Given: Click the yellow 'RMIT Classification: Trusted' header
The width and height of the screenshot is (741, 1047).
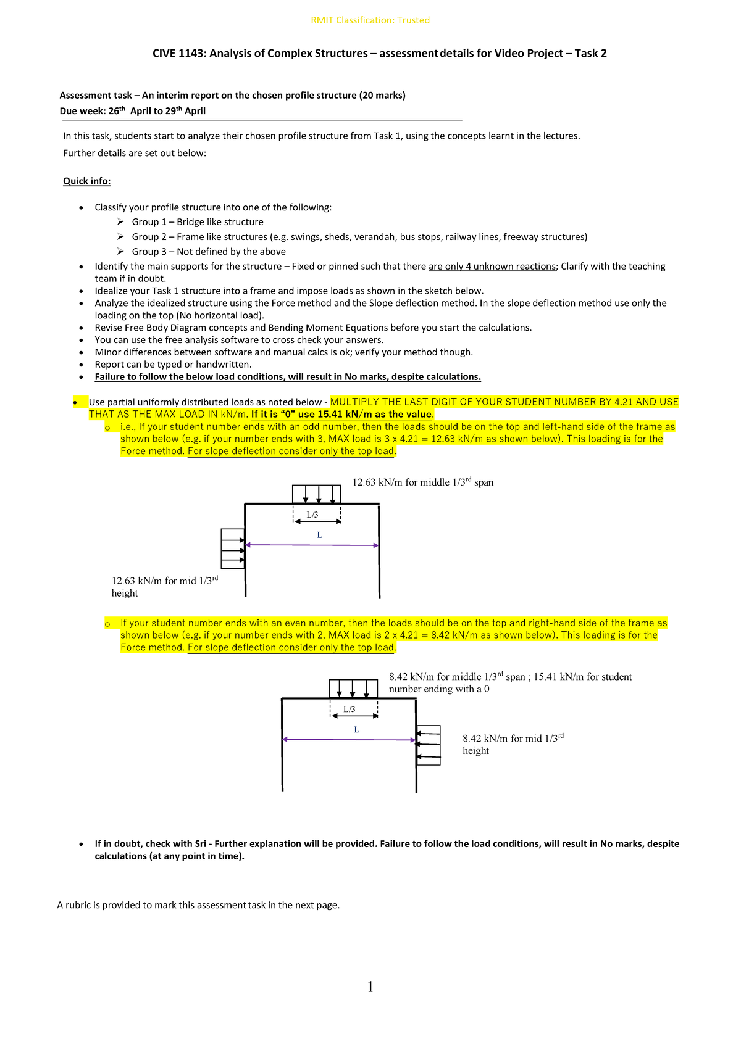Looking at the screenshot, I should [370, 20].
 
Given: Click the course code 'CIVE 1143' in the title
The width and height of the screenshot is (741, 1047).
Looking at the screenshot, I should [178, 54].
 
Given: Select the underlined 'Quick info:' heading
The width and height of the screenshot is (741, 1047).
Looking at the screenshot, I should [87, 181].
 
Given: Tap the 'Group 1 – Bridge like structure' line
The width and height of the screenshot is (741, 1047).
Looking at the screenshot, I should [198, 222].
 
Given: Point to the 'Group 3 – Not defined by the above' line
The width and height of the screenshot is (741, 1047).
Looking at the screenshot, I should [209, 252].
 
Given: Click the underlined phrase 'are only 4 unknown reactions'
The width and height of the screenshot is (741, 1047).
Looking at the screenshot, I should [492, 267].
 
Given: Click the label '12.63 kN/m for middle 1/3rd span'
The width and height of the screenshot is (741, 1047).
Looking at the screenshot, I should [422, 482].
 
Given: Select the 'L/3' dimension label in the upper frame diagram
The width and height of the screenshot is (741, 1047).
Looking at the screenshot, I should [312, 515].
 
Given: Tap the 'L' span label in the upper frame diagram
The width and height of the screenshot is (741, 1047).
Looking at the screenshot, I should [319, 535].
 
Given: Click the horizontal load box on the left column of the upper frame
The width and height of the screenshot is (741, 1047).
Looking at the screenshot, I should [233, 548].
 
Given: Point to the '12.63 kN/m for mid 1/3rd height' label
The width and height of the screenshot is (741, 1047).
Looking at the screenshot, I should [164, 587].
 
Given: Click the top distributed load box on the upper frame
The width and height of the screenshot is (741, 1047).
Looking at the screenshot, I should [317, 494].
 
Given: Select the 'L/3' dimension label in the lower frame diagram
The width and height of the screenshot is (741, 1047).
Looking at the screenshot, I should [350, 709].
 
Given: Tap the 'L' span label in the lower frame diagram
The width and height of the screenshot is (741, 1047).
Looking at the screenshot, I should [356, 729].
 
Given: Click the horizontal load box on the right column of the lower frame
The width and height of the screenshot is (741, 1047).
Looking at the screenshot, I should [429, 745].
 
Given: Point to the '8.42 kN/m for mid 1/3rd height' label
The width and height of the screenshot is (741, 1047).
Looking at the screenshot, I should [513, 744].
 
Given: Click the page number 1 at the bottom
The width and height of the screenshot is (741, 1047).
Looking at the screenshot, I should [370, 987].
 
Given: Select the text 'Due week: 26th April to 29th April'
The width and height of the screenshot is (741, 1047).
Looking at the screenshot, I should [133, 111].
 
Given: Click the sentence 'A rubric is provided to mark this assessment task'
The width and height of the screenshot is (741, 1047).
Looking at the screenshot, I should [198, 905].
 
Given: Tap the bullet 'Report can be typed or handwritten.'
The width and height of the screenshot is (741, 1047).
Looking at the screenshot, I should [173, 365].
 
